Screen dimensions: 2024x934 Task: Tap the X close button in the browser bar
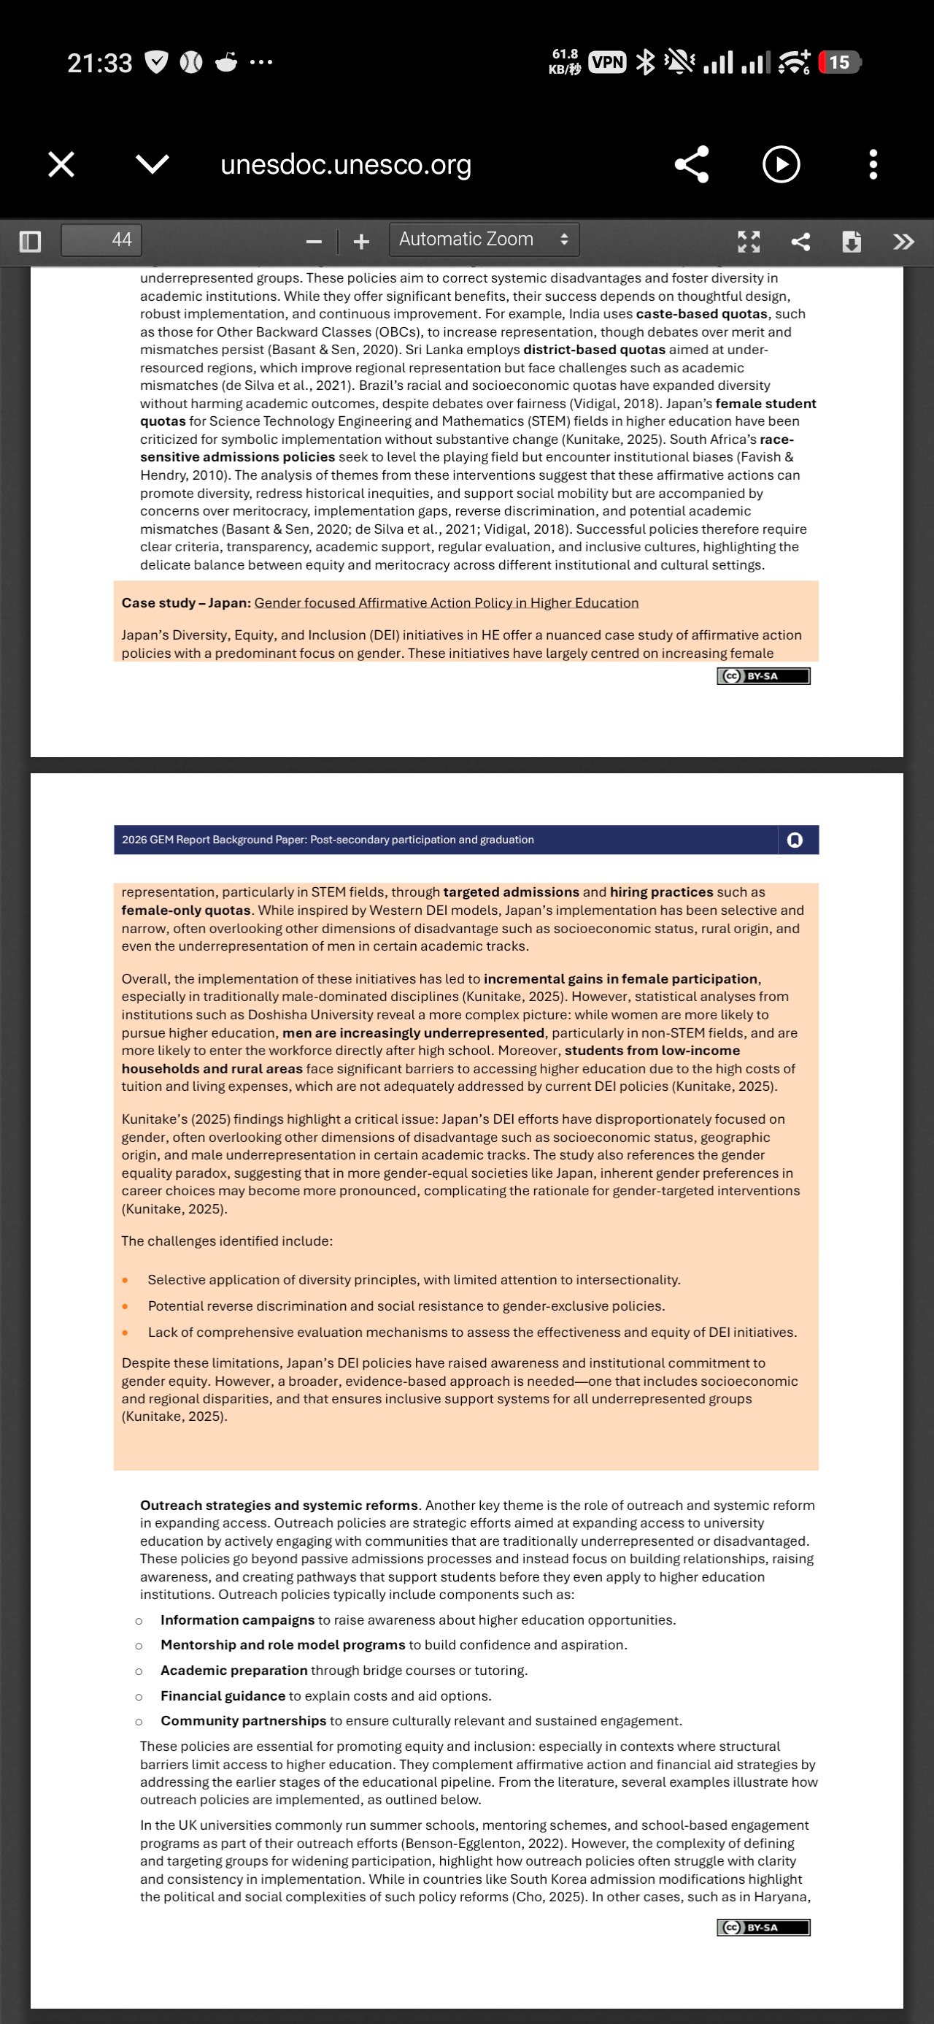point(61,165)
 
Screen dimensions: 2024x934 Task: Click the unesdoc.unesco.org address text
point(346,165)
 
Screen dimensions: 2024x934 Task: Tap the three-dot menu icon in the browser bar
point(873,165)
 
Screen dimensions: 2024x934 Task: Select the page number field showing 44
point(102,239)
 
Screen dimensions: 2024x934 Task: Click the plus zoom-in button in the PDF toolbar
point(361,241)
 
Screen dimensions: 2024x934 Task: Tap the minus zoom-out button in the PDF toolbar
point(314,241)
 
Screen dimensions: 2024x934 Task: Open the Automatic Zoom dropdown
point(484,239)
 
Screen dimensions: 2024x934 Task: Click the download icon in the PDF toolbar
point(852,241)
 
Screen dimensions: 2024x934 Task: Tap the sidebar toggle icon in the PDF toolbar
point(30,240)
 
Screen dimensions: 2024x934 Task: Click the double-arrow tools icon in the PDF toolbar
point(903,241)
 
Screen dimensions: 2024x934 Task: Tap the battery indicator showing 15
point(839,62)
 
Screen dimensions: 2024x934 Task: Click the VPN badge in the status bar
point(607,62)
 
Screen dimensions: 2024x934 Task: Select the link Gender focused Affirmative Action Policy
point(446,602)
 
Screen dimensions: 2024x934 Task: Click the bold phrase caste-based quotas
point(700,313)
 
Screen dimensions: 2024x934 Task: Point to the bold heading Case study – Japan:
point(186,602)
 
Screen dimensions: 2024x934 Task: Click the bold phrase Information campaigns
point(237,1619)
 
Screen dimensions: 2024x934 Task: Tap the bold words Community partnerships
point(244,1720)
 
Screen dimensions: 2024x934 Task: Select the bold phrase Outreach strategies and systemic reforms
point(279,1505)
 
